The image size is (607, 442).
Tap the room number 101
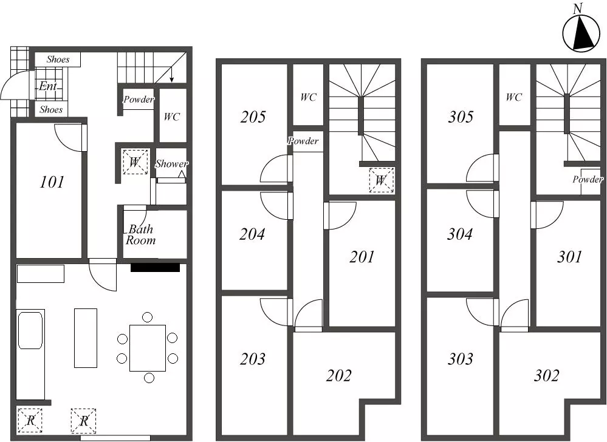tap(52, 182)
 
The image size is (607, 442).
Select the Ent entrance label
tap(48, 86)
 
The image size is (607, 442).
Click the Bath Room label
tap(140, 235)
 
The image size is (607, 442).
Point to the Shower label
tap(171, 163)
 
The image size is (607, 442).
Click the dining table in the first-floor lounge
tap(148, 348)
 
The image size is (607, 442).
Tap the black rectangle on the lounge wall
tap(155, 268)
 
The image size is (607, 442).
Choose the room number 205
tap(253, 117)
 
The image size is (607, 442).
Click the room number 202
tap(338, 375)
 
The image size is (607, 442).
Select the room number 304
tap(460, 234)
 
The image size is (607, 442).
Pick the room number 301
tap(569, 257)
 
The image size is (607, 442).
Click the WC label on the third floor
tap(513, 97)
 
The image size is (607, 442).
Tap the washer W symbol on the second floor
tap(382, 180)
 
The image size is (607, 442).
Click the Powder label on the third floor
tap(588, 180)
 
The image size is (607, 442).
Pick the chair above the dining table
tap(147, 317)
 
